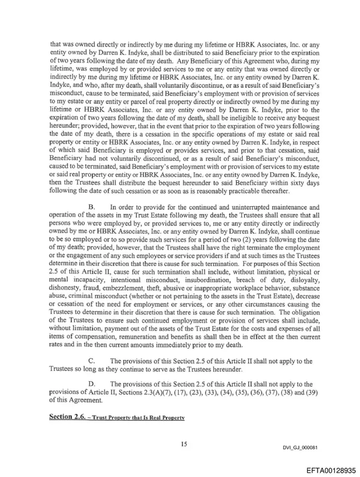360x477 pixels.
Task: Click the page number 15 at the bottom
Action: coord(183,443)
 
